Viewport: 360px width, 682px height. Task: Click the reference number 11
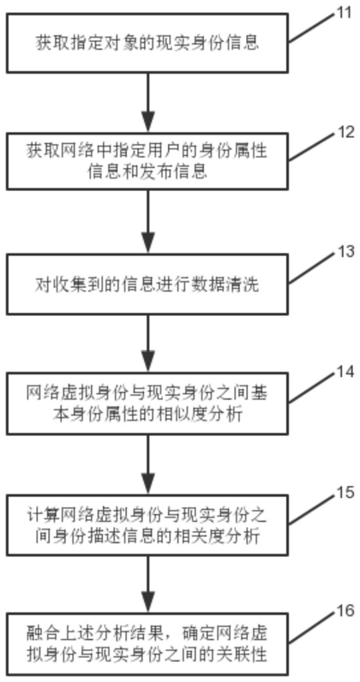344,13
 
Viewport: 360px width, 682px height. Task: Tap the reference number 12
345,132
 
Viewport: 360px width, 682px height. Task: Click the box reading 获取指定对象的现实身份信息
147,43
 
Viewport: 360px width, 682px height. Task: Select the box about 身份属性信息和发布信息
147,161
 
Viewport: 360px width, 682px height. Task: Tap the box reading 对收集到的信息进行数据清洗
147,284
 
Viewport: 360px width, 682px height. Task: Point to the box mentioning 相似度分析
147,404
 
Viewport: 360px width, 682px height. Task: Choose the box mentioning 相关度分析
147,525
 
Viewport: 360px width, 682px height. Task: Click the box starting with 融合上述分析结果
147,645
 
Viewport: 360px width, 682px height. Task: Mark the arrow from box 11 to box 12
148,103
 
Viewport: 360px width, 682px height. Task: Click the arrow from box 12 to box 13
148,223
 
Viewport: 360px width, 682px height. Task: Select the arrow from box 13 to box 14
148,344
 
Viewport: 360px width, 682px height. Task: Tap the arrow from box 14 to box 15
148,464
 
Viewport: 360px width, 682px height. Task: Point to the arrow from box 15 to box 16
148,585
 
